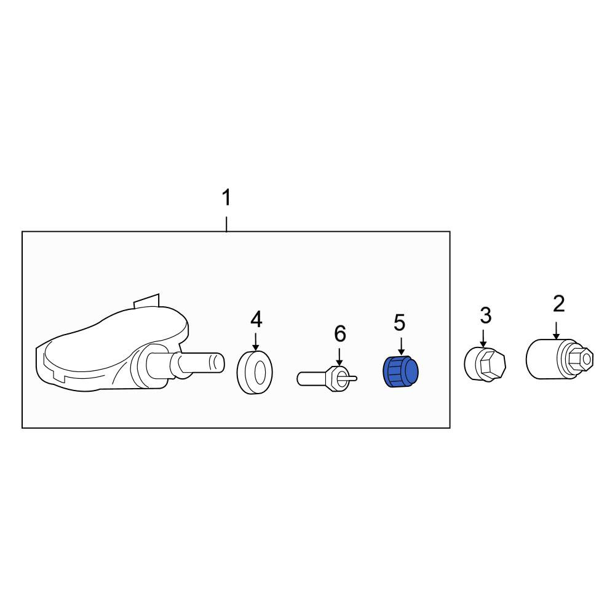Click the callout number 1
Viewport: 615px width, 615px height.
[x=227, y=197]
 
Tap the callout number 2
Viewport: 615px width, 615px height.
[x=558, y=304]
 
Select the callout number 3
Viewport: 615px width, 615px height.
[x=486, y=315]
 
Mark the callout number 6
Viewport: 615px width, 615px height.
[x=340, y=333]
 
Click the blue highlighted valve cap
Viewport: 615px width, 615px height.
[x=400, y=371]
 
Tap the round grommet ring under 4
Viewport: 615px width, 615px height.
[x=255, y=372]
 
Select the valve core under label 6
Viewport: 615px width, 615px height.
[x=327, y=378]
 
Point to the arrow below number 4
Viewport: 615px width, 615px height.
[x=256, y=341]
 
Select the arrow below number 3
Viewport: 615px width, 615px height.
[x=483, y=338]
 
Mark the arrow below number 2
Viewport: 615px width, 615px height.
[x=556, y=330]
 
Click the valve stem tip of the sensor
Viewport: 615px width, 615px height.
[x=220, y=362]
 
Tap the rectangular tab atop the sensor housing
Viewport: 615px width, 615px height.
[x=147, y=301]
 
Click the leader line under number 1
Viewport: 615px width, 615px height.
[x=226, y=224]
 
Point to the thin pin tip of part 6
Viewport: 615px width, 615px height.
[x=355, y=378]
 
